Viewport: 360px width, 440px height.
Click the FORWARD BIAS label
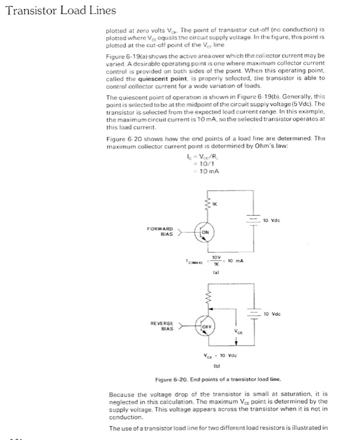[x=161, y=232]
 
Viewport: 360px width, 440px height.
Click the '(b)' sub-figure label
[x=215, y=367]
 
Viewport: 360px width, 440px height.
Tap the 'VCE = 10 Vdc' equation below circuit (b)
[x=215, y=356]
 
